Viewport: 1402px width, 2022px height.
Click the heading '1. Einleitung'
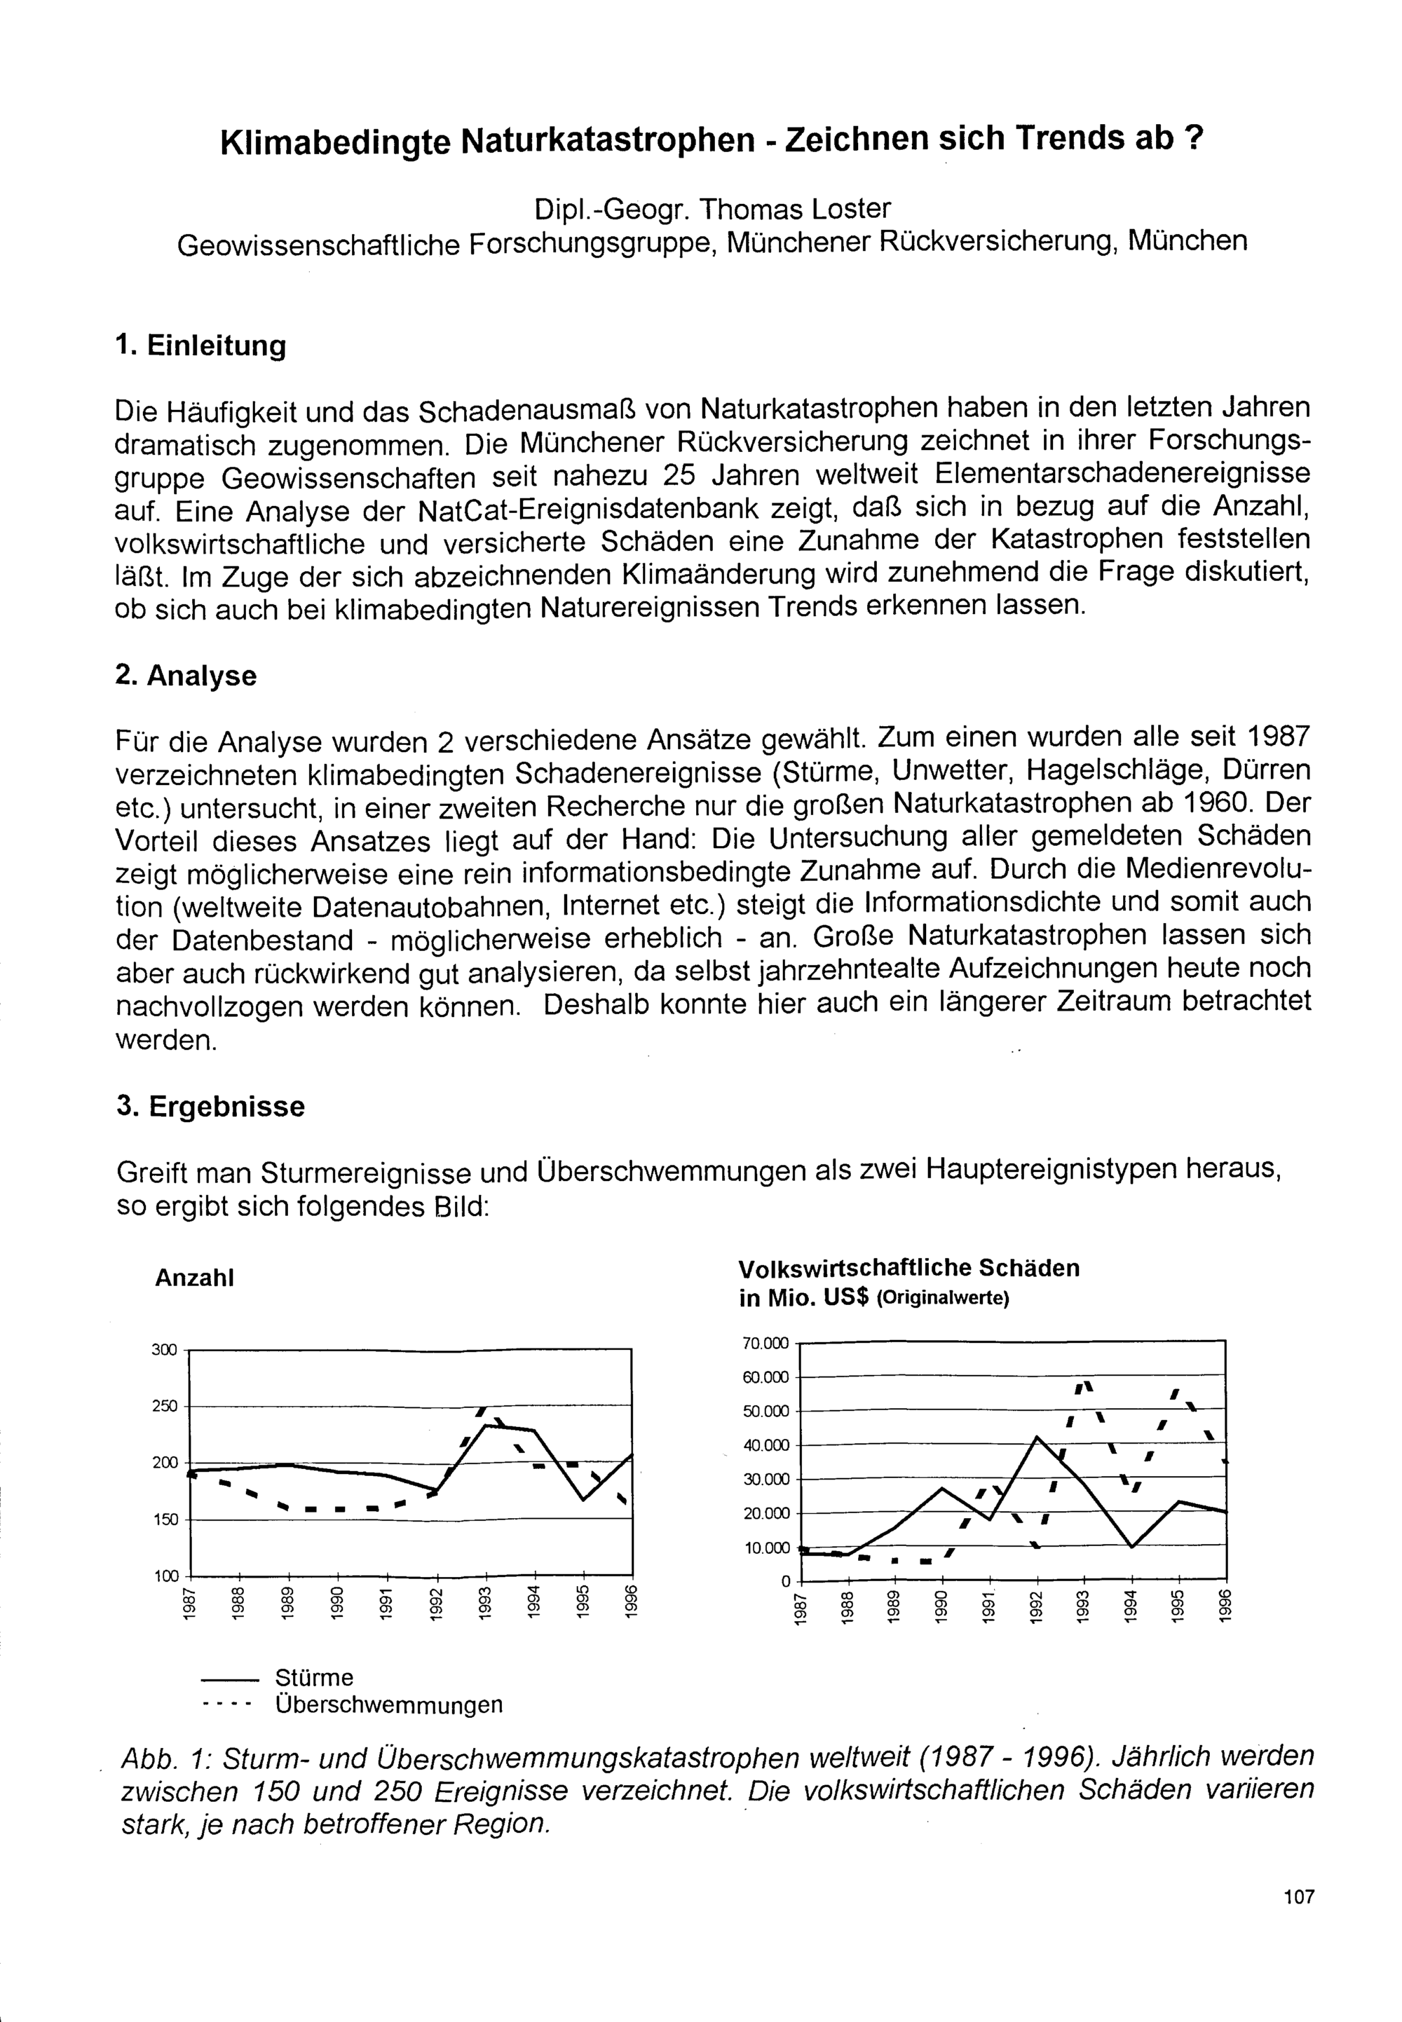200,346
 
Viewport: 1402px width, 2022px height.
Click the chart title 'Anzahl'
194,1278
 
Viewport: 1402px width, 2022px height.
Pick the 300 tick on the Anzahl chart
164,1349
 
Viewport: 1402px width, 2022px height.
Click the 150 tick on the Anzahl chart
164,1519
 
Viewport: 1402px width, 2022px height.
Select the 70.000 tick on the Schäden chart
766,1343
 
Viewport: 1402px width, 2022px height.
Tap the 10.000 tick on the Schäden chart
767,1548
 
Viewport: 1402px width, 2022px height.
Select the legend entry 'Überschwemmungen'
388,1705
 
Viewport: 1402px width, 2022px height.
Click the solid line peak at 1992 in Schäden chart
1037,1437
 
